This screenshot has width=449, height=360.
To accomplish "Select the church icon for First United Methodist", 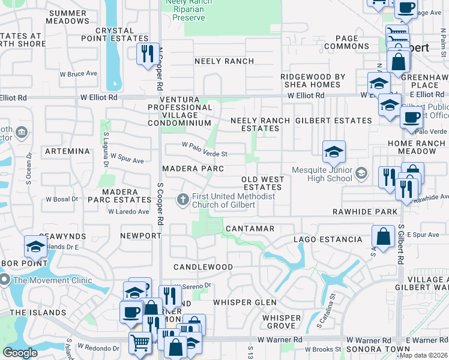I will (x=184, y=198).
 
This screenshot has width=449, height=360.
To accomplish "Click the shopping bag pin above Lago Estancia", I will (x=383, y=236).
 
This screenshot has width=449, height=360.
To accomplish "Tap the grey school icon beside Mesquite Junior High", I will (x=361, y=174).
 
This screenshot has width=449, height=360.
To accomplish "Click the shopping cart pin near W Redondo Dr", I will (x=140, y=343).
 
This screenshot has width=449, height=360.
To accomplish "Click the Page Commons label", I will (x=349, y=42).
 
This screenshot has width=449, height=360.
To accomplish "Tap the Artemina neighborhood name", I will (x=62, y=151).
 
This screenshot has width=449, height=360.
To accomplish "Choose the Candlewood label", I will (x=203, y=266).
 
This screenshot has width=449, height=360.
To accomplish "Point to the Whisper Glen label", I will (x=245, y=302).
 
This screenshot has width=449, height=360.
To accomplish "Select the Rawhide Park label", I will (x=366, y=212).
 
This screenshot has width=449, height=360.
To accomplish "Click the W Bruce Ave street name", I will (x=79, y=74).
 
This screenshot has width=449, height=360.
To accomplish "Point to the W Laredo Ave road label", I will (x=128, y=211).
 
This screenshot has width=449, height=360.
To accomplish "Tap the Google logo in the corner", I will (x=20, y=352).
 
